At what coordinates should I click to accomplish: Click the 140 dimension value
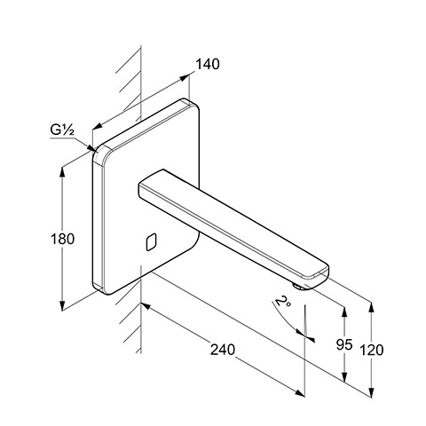pos(208,64)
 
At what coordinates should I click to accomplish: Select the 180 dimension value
pos(62,239)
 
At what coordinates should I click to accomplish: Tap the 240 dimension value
pos(223,350)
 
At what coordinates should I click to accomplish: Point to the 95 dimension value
pos(344,344)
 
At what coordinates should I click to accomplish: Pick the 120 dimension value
pos(372,350)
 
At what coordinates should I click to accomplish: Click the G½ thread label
pos(62,130)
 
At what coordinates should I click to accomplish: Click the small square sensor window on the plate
pos(151,242)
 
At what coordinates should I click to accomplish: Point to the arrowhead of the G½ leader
pos(93,148)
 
